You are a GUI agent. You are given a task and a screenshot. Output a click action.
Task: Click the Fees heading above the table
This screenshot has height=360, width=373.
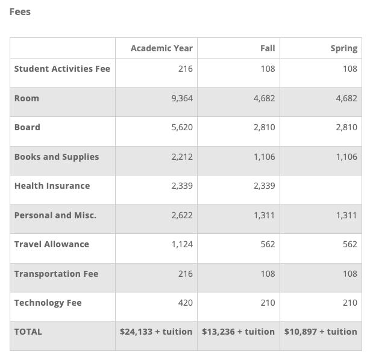point(20,11)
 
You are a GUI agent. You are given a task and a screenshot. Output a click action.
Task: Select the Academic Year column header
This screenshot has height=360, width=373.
point(161,48)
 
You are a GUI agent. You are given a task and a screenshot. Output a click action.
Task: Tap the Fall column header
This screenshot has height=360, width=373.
point(268,48)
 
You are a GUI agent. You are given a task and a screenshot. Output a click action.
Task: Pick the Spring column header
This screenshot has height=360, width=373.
point(344,49)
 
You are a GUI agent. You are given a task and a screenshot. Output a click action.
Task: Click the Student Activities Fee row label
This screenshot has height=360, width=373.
point(62,69)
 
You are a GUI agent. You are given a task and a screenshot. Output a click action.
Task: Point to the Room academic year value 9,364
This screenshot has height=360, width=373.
point(182,98)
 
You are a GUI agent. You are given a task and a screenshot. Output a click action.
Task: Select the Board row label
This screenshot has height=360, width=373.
point(27,127)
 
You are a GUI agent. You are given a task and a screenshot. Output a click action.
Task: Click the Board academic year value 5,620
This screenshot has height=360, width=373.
point(182,127)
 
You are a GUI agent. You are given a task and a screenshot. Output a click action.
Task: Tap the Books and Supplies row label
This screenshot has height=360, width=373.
point(57,157)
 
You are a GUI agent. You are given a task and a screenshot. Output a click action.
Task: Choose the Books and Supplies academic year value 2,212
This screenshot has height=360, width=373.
point(182,157)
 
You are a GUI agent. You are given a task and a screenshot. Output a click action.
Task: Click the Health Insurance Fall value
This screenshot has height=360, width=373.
point(265,186)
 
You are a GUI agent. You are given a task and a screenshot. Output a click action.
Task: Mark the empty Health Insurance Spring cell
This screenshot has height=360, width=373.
point(321,190)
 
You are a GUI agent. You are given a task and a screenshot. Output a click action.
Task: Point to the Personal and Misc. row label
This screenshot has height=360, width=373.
point(55,215)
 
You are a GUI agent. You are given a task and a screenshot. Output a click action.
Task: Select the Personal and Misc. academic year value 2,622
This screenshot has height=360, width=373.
point(182,215)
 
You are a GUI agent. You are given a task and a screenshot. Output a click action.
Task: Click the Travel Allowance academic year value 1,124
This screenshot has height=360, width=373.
point(182,245)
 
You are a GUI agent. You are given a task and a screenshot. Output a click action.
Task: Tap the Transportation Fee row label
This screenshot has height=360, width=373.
point(57,274)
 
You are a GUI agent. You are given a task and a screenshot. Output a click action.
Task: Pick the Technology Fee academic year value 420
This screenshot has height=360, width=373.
point(186,303)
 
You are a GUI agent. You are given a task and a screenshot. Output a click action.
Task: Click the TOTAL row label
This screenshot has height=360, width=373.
point(28,332)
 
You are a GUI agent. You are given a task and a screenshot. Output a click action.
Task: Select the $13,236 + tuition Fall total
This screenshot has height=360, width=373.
point(239,332)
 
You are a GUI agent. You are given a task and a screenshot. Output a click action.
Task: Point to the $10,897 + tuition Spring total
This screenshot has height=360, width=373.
point(321,332)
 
